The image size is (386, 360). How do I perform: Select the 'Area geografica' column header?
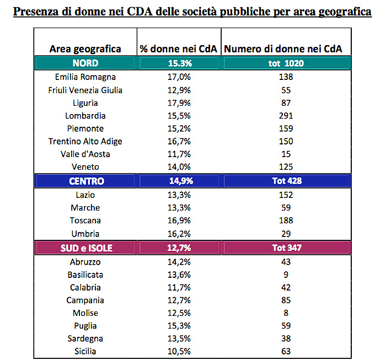(x=85, y=49)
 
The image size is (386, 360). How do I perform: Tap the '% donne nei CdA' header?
(x=179, y=49)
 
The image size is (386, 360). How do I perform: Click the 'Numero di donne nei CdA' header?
(x=283, y=49)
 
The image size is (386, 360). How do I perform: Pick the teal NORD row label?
(x=85, y=63)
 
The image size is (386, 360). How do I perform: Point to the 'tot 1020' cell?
(x=286, y=63)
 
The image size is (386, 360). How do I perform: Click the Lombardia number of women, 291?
(x=286, y=116)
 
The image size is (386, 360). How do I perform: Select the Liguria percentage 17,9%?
(x=179, y=103)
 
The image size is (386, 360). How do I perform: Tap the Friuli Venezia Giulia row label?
(x=85, y=90)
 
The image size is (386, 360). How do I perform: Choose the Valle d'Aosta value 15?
(x=286, y=154)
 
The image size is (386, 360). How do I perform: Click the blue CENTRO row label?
(x=87, y=181)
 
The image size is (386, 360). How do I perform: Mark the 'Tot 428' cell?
(x=287, y=181)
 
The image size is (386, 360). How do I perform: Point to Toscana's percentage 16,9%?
(x=179, y=220)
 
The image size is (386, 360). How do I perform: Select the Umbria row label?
(x=85, y=234)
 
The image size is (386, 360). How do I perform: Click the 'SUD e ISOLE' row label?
(x=87, y=248)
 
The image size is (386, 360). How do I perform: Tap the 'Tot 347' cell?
(x=287, y=248)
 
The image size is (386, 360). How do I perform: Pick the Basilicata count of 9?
(x=286, y=275)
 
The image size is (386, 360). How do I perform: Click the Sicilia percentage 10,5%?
(x=179, y=351)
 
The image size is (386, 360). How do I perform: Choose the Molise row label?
(x=85, y=313)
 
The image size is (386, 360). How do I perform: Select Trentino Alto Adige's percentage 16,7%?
(x=179, y=141)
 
